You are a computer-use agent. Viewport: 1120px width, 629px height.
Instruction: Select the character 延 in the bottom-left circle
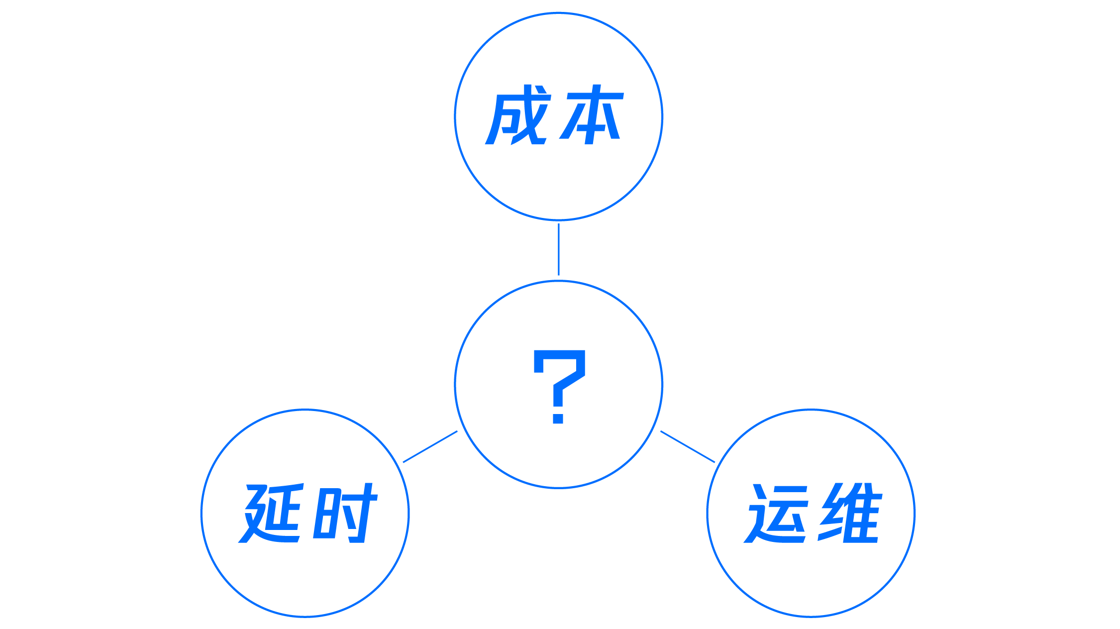click(x=271, y=514)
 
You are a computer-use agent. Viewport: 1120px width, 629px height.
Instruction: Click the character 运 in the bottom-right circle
click(x=776, y=514)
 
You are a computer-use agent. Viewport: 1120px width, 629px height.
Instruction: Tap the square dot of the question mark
click(x=558, y=416)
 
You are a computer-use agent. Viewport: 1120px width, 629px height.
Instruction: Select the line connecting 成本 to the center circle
click(x=559, y=249)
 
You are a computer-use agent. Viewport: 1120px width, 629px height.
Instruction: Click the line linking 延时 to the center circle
click(x=430, y=447)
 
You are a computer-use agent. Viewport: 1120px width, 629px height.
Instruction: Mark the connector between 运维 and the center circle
click(x=688, y=447)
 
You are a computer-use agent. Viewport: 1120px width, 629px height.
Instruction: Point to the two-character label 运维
click(x=813, y=514)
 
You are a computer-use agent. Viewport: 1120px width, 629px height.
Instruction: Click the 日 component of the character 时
click(x=326, y=515)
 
